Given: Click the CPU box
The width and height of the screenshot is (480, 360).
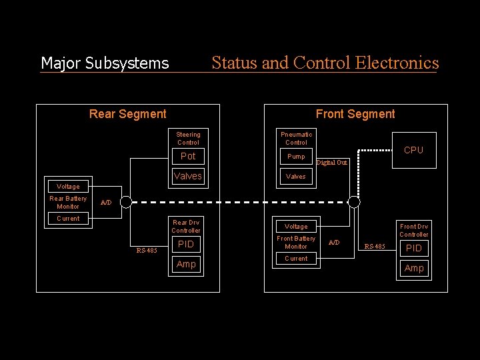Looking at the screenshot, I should point(413,150).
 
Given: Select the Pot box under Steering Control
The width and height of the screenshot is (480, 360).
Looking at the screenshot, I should point(188,156).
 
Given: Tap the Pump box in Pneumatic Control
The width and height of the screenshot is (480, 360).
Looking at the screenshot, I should point(296,157).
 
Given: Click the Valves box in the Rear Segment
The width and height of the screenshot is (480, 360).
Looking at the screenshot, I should point(187,176).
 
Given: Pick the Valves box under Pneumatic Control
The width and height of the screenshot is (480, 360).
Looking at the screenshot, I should point(296,177).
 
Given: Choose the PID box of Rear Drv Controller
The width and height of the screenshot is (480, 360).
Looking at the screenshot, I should point(186,245).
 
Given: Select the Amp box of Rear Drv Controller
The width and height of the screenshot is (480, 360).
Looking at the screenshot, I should point(186,265).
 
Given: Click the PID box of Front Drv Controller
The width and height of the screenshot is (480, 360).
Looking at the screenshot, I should point(414,248).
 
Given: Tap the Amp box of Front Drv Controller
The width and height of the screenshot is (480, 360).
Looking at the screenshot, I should point(414,268).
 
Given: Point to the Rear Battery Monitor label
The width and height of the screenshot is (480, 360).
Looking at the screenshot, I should point(68,203).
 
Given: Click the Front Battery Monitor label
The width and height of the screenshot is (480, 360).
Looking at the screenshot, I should point(296,243).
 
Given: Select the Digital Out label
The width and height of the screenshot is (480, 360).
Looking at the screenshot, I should point(332,163).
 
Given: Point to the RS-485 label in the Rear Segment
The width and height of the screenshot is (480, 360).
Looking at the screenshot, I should point(147,251).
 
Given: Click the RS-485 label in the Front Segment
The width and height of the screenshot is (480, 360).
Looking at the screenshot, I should point(374,247).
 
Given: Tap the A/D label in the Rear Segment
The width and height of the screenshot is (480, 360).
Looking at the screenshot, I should point(106,203).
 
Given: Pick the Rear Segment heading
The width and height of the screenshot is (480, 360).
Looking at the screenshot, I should point(128,114).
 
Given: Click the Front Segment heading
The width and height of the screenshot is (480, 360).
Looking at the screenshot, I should point(355,114).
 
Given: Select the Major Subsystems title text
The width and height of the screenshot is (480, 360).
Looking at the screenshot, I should point(105,63).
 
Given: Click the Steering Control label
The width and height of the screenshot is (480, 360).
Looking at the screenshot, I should point(188,138).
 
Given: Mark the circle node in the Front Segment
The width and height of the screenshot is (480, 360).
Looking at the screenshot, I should point(354,202).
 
